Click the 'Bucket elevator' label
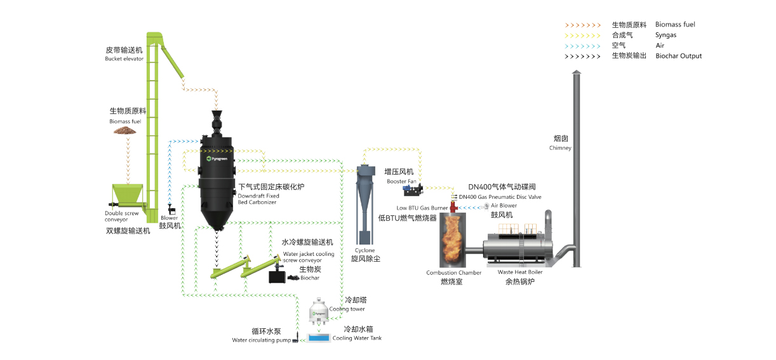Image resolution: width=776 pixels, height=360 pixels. pyautogui.click(x=124, y=58)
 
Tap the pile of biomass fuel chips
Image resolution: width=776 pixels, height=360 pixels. pyautogui.click(x=124, y=130)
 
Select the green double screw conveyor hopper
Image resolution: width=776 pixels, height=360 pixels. pyautogui.click(x=128, y=194)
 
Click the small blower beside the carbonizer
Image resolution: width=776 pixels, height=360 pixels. pyautogui.click(x=171, y=208)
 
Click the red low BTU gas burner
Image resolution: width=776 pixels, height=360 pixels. pyautogui.click(x=453, y=206)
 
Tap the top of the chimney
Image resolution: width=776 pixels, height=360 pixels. pyautogui.click(x=577, y=75)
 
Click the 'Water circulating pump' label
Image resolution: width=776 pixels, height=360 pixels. pyautogui.click(x=261, y=340)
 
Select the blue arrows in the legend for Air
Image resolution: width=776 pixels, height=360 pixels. pyautogui.click(x=582, y=46)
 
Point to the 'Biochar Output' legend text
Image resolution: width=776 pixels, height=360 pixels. pyautogui.click(x=678, y=56)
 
